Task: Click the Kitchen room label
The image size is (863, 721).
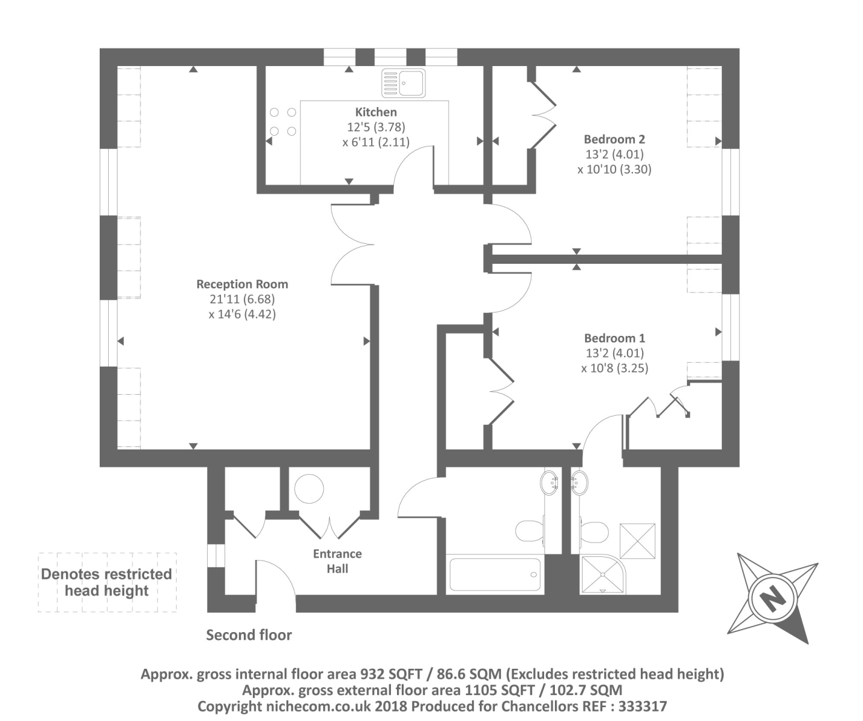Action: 376,112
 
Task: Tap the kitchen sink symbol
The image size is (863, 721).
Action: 404,83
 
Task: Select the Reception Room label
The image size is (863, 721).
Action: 242,284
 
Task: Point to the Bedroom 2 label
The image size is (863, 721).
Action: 614,139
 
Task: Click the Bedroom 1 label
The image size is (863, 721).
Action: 614,338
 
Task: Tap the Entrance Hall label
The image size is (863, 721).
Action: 337,561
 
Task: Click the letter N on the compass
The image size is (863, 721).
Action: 772,598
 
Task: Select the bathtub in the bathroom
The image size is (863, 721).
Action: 495,576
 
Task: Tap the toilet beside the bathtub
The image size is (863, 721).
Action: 528,531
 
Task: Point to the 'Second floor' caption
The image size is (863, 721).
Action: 249,635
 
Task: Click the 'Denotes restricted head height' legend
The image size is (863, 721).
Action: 107,582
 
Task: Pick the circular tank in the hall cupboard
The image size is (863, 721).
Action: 309,488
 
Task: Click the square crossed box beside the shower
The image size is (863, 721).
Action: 637,541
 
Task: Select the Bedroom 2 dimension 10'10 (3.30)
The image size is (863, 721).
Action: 614,169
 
